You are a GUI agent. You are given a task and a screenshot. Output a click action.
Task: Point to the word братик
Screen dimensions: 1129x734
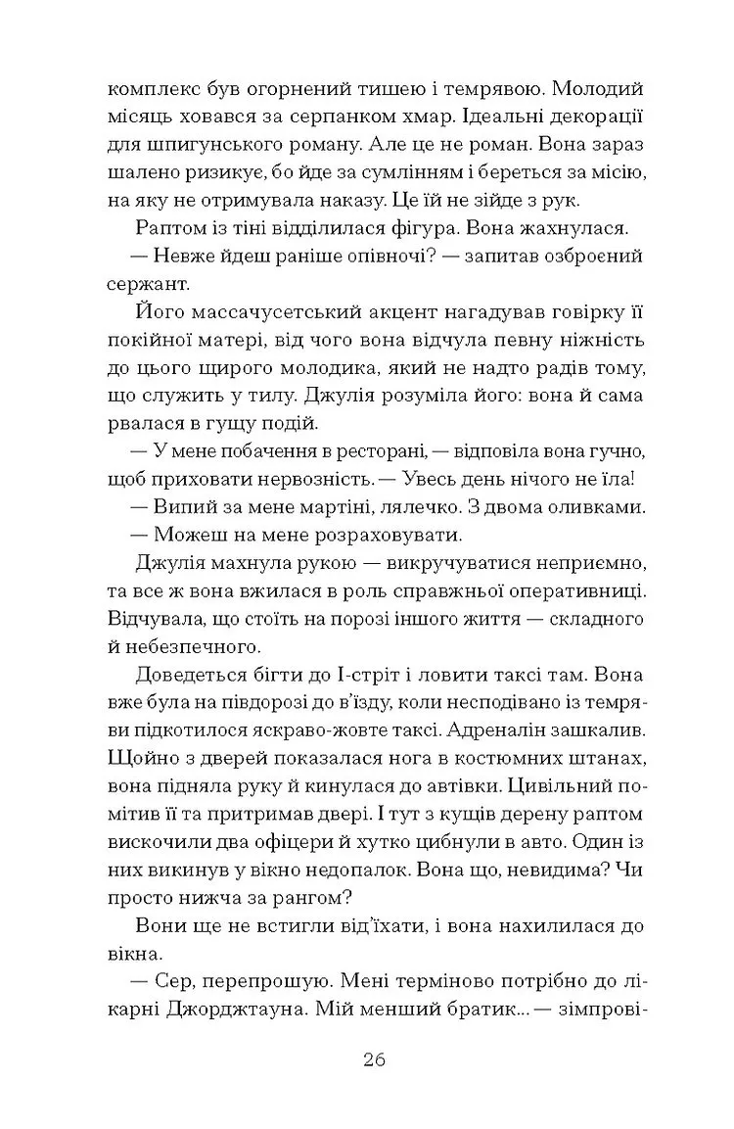pyautogui.click(x=475, y=1010)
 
